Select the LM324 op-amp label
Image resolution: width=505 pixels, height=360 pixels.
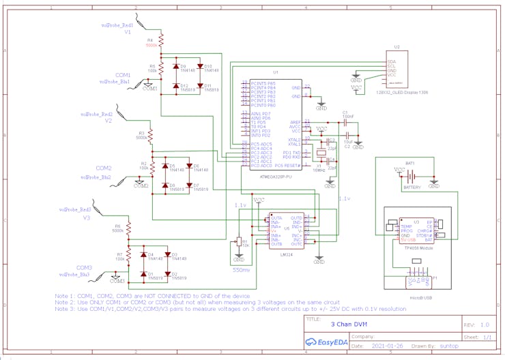coord(287,254)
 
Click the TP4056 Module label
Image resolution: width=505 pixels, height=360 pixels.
coord(418,248)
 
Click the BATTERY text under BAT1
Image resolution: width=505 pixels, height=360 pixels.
coord(412,187)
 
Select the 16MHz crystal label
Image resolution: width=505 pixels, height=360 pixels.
coord(319,170)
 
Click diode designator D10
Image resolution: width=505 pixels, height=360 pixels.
coord(208,66)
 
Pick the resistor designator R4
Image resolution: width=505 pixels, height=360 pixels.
coord(151,40)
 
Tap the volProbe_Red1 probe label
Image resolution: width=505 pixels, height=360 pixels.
coord(117,25)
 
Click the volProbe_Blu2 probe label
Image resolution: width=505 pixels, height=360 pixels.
coord(96,177)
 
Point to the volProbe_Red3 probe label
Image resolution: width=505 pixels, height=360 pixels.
coord(74,209)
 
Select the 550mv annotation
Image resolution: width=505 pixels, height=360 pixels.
coord(241,270)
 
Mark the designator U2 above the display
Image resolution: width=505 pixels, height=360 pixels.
coord(396,48)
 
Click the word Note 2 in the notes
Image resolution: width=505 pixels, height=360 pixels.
coord(65,302)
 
